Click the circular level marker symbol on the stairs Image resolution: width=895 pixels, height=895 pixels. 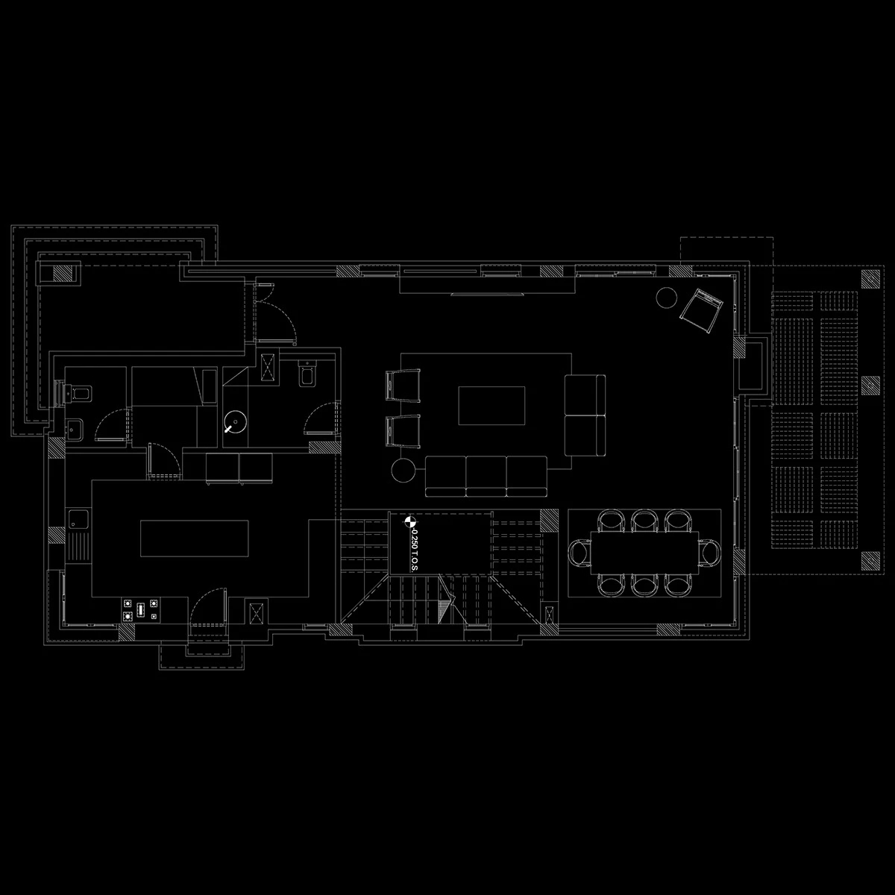tap(409, 522)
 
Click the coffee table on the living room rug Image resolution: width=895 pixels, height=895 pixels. tap(492, 406)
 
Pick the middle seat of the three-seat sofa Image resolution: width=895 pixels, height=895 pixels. tap(486, 476)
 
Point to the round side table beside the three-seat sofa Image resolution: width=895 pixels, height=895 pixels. tap(403, 471)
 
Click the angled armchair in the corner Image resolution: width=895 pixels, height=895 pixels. tap(701, 310)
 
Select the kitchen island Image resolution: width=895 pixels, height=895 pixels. tap(195, 538)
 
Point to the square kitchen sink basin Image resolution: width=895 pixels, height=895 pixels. tap(78, 520)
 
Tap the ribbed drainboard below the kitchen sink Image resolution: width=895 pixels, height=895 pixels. tap(78, 547)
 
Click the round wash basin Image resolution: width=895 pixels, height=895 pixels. tap(235, 421)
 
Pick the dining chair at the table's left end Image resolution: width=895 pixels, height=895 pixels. tap(580, 553)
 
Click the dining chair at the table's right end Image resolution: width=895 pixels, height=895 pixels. tap(709, 553)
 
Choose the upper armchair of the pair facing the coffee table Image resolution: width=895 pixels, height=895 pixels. tap(403, 385)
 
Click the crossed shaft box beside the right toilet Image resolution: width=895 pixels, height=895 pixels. tap(268, 367)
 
